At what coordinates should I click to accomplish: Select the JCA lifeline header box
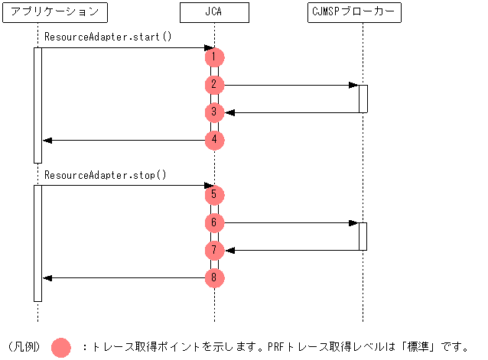coord(214,11)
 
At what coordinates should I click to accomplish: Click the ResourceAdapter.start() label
coord(108,37)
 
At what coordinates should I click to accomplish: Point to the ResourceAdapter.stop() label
coord(106,174)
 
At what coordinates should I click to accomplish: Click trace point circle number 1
coord(215,57)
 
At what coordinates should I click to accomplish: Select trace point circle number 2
coord(215,85)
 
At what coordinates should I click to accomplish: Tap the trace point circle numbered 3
coord(215,112)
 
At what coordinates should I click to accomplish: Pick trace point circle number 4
coord(215,140)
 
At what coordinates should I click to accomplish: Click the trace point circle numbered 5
coord(215,195)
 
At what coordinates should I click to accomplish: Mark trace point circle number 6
coord(215,222)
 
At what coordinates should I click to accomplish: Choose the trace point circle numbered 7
coord(215,250)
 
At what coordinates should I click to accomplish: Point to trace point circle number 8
coord(215,277)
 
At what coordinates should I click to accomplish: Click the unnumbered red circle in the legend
coord(61,347)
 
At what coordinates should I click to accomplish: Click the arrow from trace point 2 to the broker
coord(291,85)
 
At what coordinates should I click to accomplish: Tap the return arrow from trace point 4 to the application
coord(122,140)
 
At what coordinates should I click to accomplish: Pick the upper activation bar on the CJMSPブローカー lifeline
coord(363,99)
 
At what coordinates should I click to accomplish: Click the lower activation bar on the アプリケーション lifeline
coord(37,243)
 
